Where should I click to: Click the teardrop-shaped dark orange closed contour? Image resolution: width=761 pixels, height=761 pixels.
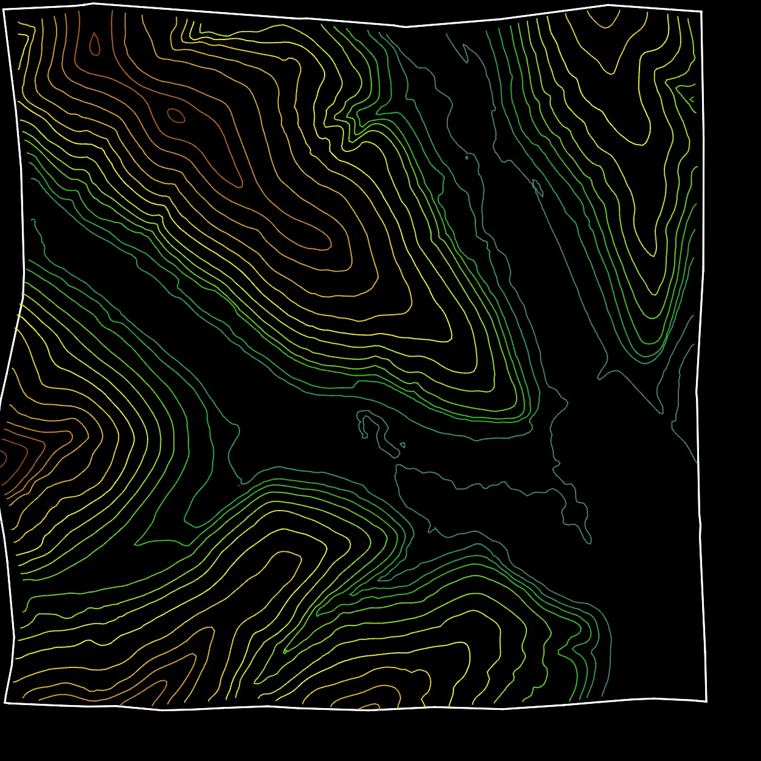click(95, 44)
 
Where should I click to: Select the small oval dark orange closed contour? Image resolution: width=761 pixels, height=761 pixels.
click(176, 115)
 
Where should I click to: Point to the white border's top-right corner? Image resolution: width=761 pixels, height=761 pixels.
click(701, 12)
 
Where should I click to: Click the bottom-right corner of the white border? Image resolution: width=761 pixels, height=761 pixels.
click(706, 701)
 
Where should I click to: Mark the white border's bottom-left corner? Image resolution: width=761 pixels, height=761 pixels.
click(5, 703)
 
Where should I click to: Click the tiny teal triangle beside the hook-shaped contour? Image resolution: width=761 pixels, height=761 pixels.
click(402, 445)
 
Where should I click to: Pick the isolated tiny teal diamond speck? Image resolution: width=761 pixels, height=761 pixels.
click(467, 157)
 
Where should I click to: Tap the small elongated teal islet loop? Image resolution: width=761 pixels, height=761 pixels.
click(537, 187)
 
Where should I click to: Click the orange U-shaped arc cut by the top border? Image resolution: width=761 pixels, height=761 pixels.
click(605, 21)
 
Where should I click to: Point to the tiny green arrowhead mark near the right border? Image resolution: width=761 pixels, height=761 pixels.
click(692, 98)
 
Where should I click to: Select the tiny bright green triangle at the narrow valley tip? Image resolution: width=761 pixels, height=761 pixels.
click(284, 652)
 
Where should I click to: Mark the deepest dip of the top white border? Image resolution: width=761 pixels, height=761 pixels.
click(406, 27)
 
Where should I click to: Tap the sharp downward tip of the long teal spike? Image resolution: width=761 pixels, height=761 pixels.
click(661, 413)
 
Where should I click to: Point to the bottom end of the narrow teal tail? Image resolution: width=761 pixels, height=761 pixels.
click(590, 543)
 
